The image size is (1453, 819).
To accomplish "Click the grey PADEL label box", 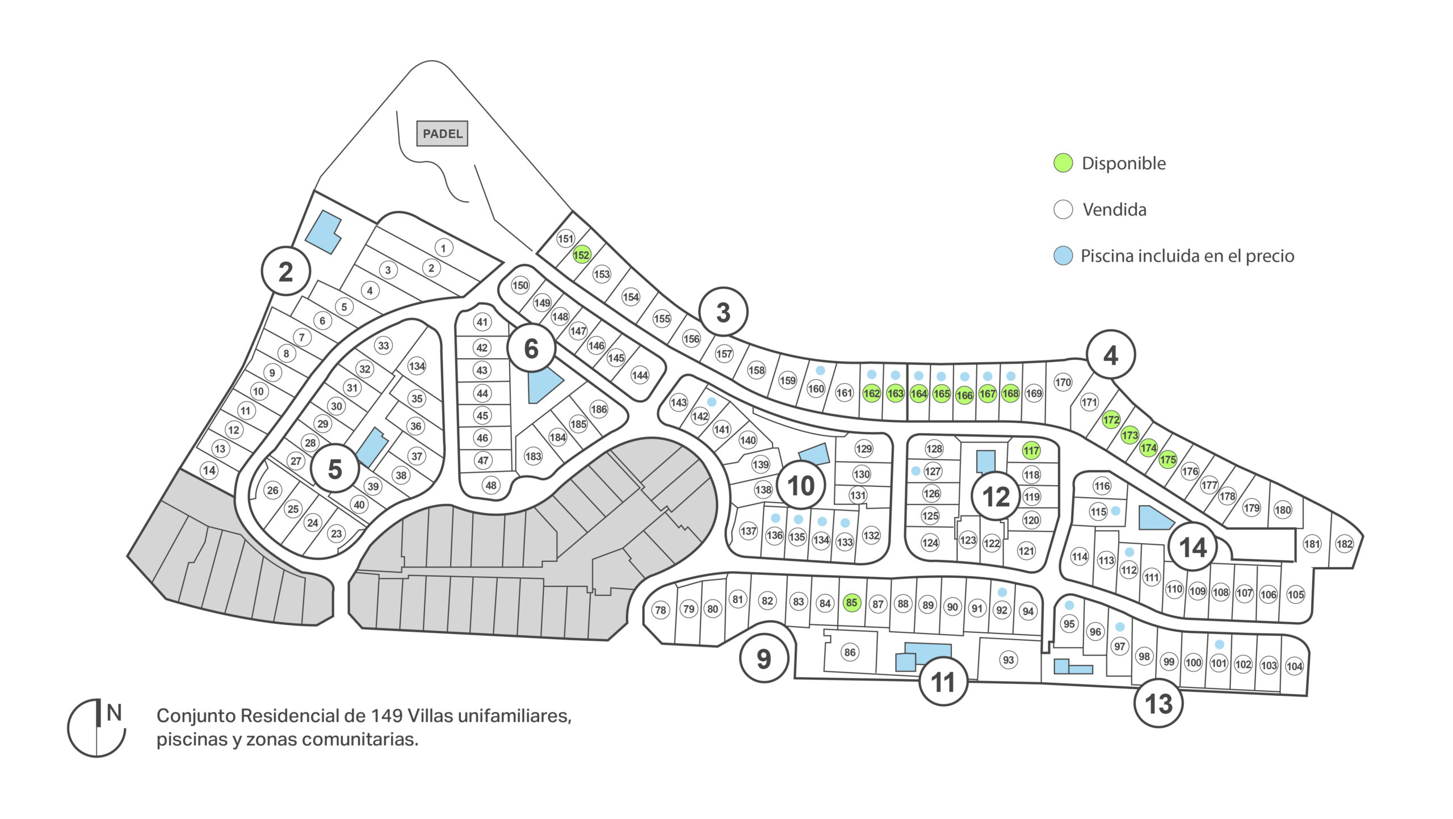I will click(x=442, y=133).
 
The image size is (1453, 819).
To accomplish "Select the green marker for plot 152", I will click(x=581, y=255).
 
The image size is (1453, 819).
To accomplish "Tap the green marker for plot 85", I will click(x=851, y=602).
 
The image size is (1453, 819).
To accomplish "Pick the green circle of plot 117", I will click(x=1031, y=451).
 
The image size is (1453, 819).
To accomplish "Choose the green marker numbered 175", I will click(x=1168, y=460).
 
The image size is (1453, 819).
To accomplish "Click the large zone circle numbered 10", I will click(x=801, y=486).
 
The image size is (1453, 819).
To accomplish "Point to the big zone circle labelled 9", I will click(x=764, y=658).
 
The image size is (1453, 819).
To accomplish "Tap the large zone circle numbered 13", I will click(x=1158, y=704).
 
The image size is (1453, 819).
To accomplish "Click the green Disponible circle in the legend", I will click(x=1063, y=163).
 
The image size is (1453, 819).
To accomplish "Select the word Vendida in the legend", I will click(x=1114, y=209).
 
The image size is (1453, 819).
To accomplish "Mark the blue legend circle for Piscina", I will click(x=1063, y=255).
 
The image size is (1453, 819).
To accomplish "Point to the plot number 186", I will click(x=599, y=409).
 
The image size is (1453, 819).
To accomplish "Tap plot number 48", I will click(x=491, y=485).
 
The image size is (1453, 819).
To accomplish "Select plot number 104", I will click(x=1294, y=666).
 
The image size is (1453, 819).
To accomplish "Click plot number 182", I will click(x=1344, y=544).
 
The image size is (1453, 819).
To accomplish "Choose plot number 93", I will click(x=1008, y=660).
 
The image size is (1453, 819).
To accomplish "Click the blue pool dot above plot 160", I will click(x=820, y=370).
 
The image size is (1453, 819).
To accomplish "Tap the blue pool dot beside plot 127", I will click(x=916, y=471).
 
